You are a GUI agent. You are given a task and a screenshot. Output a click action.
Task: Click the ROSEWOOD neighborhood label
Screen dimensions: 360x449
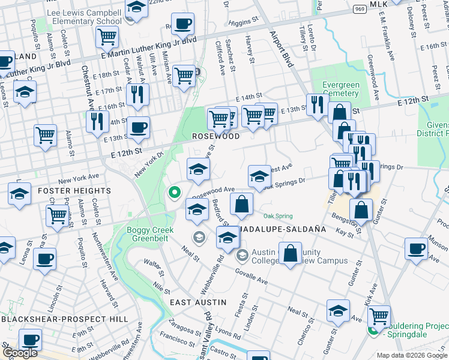[216, 136]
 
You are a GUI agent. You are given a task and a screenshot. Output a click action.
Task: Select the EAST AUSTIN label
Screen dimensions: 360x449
[196, 302]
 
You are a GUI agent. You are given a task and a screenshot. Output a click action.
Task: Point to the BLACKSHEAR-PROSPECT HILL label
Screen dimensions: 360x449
[64, 319]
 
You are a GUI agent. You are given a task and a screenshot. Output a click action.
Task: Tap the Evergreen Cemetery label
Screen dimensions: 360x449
[340, 89]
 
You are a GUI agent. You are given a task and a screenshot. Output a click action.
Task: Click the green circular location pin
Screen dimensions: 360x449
[174, 193]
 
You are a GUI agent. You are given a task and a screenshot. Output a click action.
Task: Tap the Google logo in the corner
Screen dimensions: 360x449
[20, 353]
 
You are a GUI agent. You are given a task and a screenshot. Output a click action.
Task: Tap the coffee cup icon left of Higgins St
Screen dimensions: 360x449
[182, 25]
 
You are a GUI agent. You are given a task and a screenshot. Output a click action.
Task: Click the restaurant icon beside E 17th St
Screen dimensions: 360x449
[138, 95]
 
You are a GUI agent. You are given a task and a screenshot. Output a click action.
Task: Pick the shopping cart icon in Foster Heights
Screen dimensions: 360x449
[57, 215]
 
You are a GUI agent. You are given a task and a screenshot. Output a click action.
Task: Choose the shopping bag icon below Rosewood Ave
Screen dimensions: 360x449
[241, 204]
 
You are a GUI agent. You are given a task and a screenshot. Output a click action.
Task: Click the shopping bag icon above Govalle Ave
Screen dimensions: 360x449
[291, 253]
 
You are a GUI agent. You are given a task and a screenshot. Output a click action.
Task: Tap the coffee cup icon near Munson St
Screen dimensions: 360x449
[416, 248]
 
